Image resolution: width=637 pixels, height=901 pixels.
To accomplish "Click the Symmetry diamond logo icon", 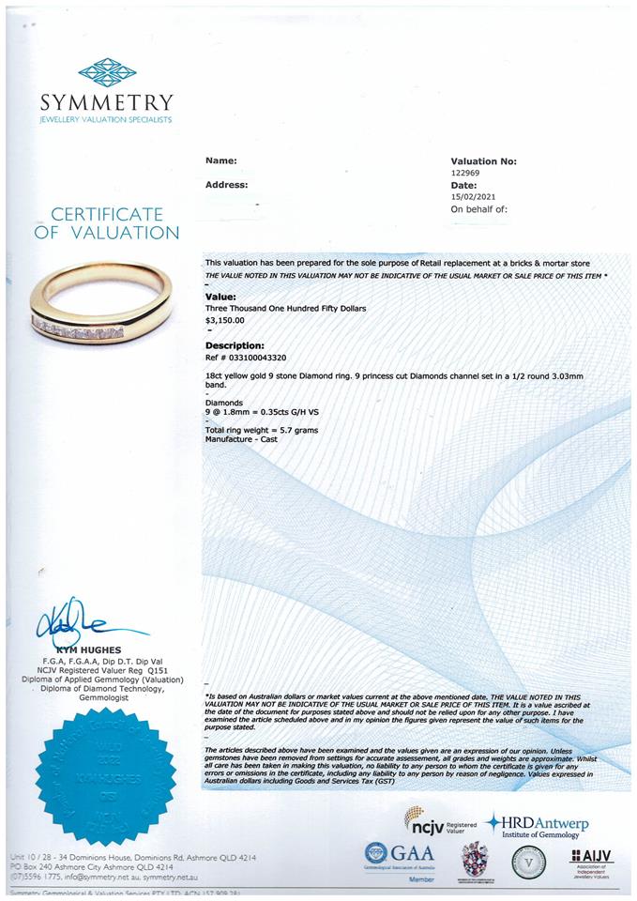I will tap(107, 72).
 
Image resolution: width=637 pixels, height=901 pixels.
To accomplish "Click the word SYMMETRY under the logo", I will tap(107, 102).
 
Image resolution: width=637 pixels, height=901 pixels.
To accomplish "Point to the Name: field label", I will tap(220, 161).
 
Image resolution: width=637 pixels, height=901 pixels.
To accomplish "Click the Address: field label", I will tap(227, 185).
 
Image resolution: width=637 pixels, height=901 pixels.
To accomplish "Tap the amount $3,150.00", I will tap(224, 320).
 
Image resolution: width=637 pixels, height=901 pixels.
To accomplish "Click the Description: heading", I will tap(235, 345).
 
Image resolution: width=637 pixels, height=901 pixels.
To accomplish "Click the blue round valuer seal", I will tap(106, 776).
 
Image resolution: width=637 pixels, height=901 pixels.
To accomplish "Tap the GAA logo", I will tap(400, 855).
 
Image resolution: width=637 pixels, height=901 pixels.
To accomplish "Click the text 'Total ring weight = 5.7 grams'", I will tap(262, 430).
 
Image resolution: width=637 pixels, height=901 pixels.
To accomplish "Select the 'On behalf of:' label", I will tap(478, 209).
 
